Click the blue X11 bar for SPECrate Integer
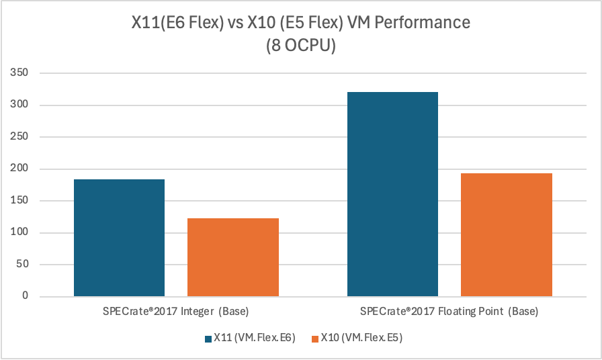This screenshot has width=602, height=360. pos(119,238)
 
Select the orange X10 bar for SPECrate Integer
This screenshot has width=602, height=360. pos(232,257)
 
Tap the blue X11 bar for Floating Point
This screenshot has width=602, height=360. pos(392,194)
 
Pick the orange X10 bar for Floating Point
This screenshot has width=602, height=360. pos(506,234)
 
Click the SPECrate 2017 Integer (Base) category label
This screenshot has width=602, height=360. pos(176,312)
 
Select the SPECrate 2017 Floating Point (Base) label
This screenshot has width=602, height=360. pos(449,312)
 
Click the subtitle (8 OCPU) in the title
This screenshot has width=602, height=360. pos(300,46)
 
